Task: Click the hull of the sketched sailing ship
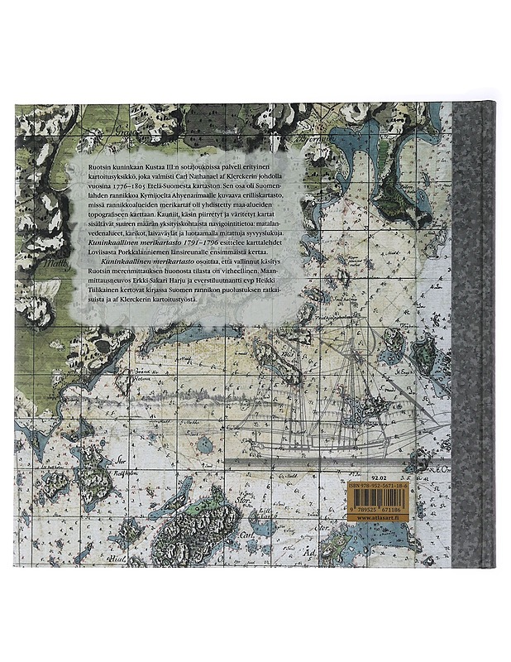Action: [x=331, y=447]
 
